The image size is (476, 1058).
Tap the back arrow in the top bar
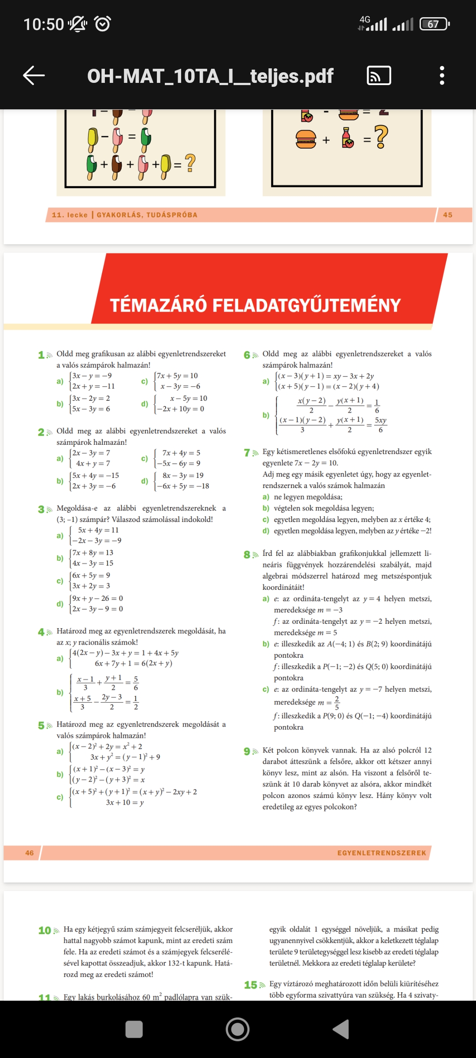[34, 75]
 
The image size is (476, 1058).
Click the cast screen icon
[379, 75]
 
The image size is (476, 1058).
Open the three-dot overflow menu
[442, 75]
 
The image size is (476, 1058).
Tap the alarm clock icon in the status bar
[103, 24]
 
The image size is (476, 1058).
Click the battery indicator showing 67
[434, 24]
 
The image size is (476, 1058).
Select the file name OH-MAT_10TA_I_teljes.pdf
[210, 76]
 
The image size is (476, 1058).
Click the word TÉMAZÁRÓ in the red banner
[158, 305]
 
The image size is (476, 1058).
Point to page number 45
[448, 215]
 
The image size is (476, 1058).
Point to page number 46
[30, 853]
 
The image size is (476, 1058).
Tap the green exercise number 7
[247, 453]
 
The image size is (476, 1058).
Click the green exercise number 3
[41, 509]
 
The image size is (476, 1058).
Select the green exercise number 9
[247, 751]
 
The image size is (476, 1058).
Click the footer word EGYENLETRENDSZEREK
[382, 853]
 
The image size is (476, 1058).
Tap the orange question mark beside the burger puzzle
[381, 137]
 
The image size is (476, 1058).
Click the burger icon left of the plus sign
[306, 139]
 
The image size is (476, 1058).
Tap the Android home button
[238, 1029]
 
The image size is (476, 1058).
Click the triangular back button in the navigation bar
[341, 1029]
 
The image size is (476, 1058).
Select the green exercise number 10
[45, 930]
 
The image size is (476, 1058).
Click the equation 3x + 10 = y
[125, 802]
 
